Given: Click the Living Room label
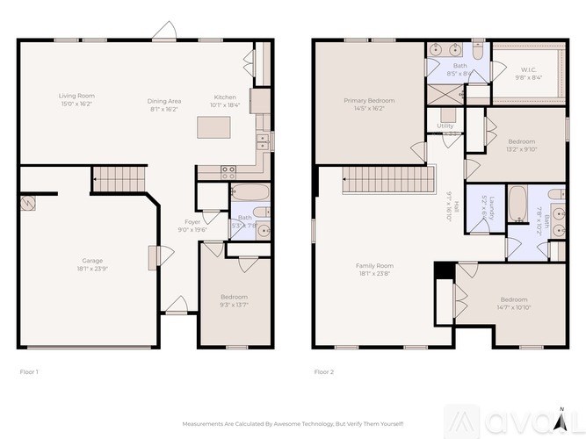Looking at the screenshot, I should tap(76, 96).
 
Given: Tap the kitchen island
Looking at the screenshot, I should tap(213, 128).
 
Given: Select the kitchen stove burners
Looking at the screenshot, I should tap(228, 172).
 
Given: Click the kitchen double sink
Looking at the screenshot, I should tap(261, 141).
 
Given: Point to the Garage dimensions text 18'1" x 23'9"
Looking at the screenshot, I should tap(92, 267).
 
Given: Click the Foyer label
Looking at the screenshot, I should tap(192, 222).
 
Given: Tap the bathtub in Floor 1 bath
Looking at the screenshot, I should tap(246, 194).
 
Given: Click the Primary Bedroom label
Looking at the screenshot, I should tap(366, 101).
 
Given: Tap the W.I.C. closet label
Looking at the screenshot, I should tap(528, 69).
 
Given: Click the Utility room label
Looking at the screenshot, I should tap(445, 126).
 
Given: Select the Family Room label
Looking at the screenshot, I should tap(374, 265).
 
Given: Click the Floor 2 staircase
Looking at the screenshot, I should tap(388, 181).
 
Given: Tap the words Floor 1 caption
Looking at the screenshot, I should tap(29, 372).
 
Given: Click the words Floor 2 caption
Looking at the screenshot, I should tap(323, 372).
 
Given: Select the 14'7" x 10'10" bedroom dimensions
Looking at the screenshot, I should tap(514, 307).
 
